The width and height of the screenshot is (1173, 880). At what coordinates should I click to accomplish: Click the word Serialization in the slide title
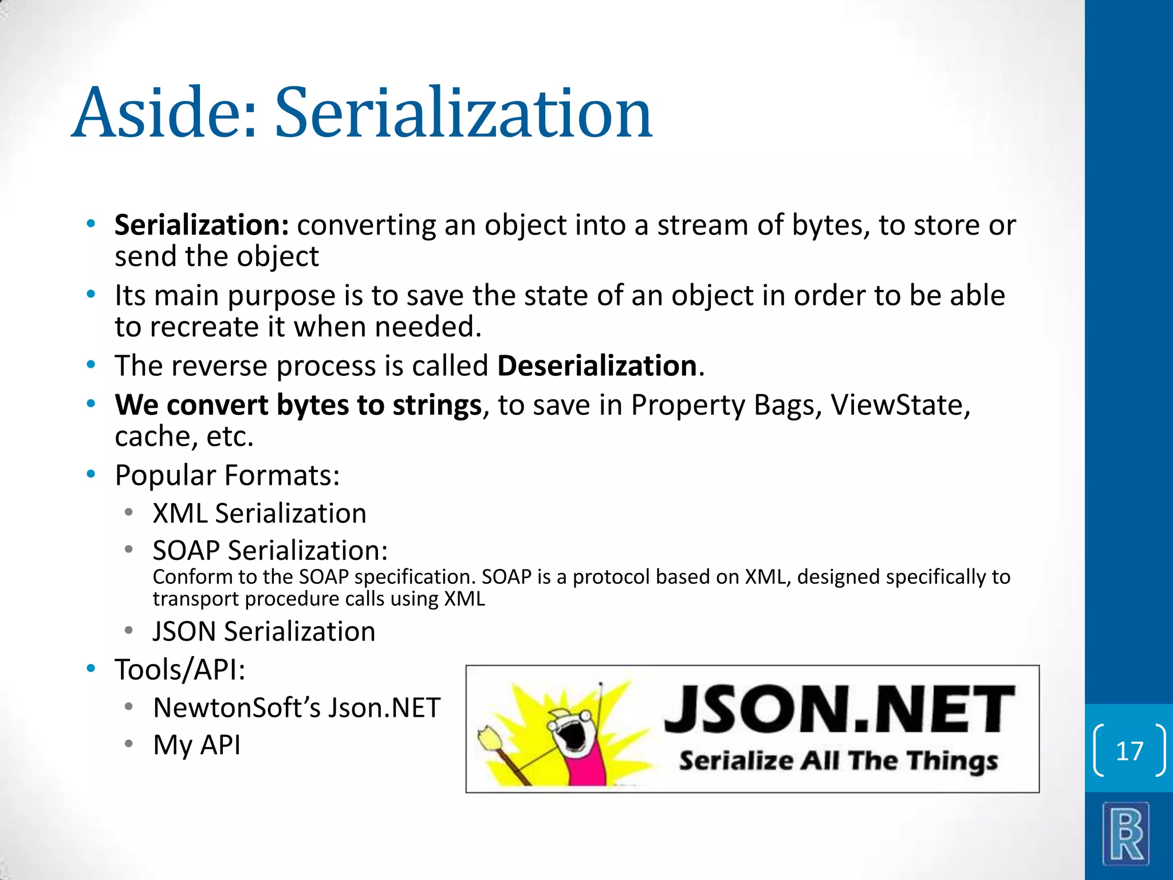(x=463, y=112)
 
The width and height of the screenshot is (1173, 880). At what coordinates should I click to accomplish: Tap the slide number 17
(x=1129, y=751)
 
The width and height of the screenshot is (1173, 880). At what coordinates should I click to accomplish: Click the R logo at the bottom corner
(x=1126, y=833)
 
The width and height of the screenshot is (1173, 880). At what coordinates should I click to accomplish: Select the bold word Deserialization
(x=597, y=366)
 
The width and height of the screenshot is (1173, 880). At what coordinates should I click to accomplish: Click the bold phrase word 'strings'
(x=436, y=405)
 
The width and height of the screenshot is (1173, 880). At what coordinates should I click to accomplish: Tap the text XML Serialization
(x=259, y=513)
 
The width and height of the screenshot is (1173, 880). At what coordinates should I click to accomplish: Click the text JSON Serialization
(x=263, y=631)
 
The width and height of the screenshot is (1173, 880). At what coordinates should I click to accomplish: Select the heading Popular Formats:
(x=227, y=476)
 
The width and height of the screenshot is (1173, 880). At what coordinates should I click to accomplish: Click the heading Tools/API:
(x=180, y=669)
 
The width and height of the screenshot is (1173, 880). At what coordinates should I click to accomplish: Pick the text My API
(x=196, y=745)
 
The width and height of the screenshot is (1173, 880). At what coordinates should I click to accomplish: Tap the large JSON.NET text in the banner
(x=839, y=709)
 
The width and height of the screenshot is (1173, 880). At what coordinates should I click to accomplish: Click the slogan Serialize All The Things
(x=838, y=761)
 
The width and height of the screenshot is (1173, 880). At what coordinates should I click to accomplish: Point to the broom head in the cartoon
(x=490, y=739)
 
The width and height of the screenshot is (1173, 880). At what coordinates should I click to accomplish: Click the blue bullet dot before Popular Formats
(x=90, y=474)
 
